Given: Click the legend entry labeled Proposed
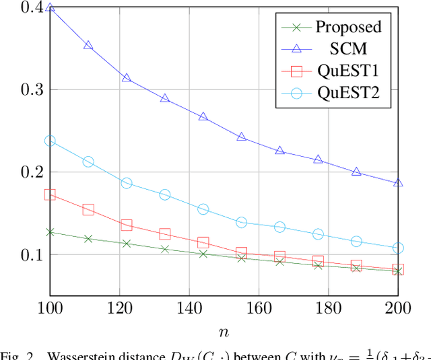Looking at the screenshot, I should click(348, 27).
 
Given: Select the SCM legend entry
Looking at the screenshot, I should click(348, 49).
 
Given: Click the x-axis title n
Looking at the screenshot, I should click(224, 332).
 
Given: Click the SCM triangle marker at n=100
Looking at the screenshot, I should click(50, 9).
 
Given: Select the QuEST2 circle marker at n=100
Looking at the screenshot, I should click(50, 141).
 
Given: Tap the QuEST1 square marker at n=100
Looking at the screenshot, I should click(50, 195).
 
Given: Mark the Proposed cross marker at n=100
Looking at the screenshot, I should click(50, 232).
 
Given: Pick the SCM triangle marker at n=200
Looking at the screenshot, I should click(398, 182).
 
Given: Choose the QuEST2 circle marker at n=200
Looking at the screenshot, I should click(398, 248).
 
